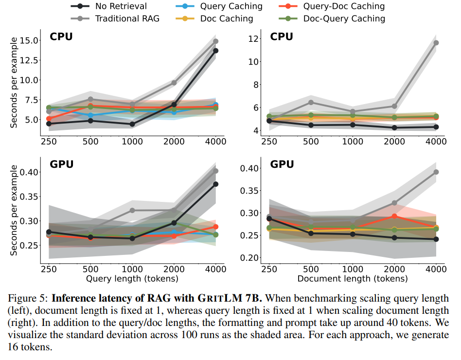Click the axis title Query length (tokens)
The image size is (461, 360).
click(132, 279)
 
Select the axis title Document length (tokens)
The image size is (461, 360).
click(353, 279)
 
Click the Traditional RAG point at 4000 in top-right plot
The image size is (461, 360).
click(436, 43)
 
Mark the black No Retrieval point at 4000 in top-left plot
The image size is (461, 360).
click(215, 51)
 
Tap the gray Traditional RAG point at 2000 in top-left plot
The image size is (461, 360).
click(174, 83)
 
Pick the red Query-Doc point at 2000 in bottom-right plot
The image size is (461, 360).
click(394, 216)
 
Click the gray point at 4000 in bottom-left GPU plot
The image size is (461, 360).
click(215, 171)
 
